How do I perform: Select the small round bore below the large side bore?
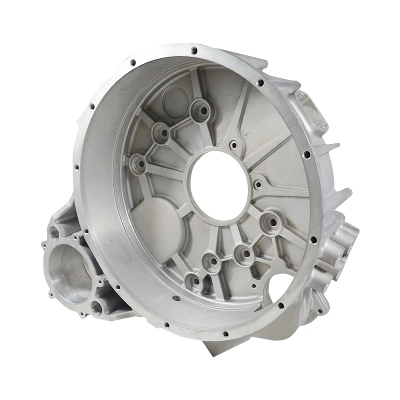pos(96,307)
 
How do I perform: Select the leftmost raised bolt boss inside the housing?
pos(137,163)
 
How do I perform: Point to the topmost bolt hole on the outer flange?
pos(193,50)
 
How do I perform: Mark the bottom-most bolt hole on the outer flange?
pos(225,334)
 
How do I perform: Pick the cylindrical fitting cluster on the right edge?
pos(345,245)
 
